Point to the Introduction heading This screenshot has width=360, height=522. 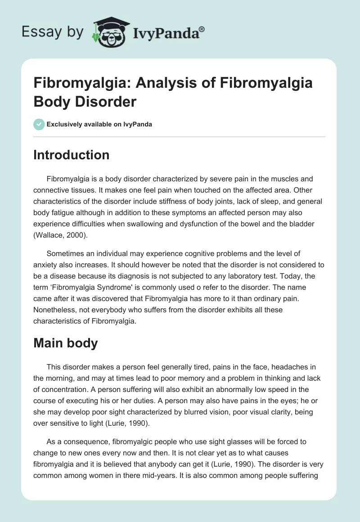point(71,155)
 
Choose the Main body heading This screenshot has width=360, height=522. point(66,343)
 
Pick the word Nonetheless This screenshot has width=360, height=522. point(56,310)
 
